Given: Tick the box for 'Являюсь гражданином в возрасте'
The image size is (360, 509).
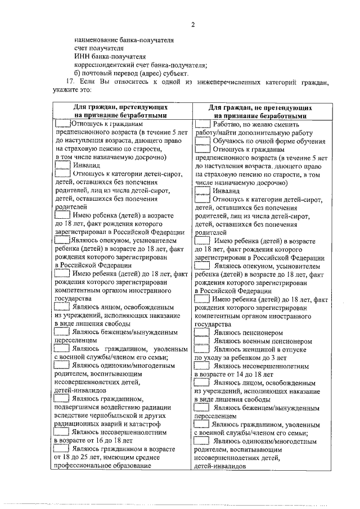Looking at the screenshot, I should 62,449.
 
